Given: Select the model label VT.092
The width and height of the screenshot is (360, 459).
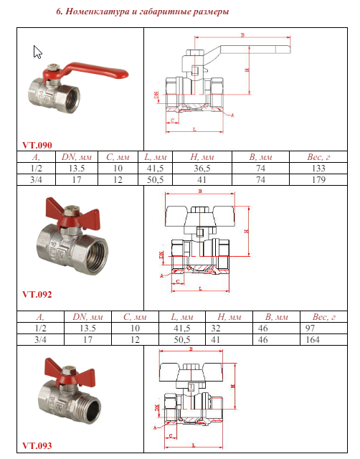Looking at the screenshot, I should tap(37, 294).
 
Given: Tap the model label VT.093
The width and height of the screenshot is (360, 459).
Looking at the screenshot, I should tap(37, 445).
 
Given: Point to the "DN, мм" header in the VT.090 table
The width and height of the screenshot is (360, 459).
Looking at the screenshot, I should tap(73, 156).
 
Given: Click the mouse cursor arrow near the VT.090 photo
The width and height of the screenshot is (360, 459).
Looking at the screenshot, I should tap(38, 52).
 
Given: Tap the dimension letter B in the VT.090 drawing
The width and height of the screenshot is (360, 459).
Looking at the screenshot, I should tap(242, 34).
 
